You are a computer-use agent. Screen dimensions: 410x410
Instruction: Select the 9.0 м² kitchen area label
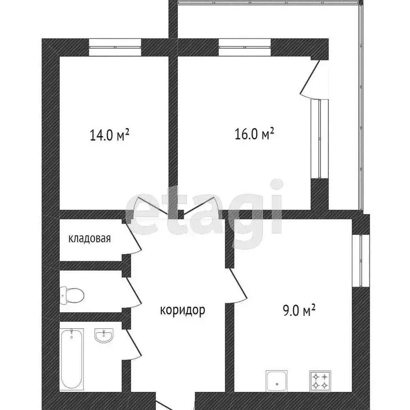(300, 309)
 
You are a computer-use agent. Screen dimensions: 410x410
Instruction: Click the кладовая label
(89, 238)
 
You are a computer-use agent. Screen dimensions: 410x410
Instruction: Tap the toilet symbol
(72, 293)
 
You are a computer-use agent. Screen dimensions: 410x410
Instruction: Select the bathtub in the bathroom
(72, 358)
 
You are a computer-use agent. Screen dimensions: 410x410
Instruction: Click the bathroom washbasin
(104, 335)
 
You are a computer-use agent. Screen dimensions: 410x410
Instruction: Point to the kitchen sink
(277, 381)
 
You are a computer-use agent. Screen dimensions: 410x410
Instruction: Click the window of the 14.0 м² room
(115, 48)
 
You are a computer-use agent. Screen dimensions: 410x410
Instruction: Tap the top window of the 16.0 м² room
(245, 48)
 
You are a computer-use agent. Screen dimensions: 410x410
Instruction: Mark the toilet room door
(133, 293)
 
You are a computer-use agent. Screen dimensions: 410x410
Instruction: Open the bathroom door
(133, 344)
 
